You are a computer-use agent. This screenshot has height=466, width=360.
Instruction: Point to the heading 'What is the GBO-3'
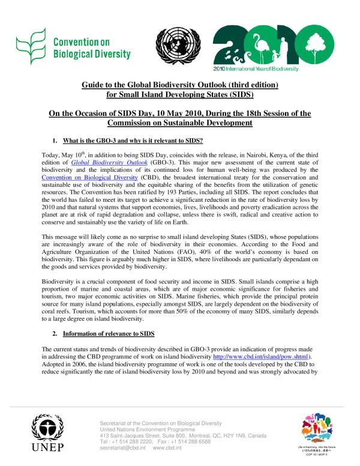(x=132, y=141)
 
